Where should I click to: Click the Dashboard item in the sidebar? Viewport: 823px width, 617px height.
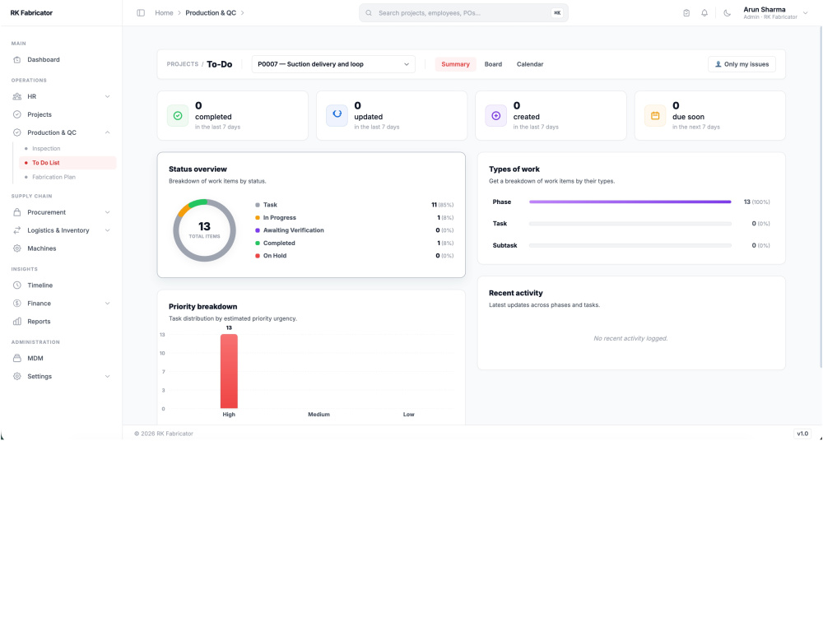(x=44, y=60)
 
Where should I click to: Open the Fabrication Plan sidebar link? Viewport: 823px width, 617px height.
(x=53, y=178)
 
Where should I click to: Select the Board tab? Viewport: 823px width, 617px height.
(x=493, y=64)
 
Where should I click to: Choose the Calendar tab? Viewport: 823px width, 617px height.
(x=529, y=64)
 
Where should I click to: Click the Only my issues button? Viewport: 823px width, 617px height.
(x=742, y=64)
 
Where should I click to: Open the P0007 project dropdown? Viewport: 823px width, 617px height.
(x=333, y=64)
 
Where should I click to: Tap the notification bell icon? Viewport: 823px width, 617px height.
(x=704, y=13)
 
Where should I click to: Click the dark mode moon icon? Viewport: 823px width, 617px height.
(x=727, y=13)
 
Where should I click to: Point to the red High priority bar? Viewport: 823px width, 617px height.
(x=229, y=371)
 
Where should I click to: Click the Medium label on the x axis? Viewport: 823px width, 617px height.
(x=319, y=415)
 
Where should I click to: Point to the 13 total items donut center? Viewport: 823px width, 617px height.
(x=204, y=230)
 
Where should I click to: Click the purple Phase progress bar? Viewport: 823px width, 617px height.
(x=630, y=202)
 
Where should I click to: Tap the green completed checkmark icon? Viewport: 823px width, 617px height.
(x=178, y=116)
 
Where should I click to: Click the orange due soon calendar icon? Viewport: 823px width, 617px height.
(x=655, y=116)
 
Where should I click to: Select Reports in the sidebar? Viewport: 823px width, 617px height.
(x=39, y=322)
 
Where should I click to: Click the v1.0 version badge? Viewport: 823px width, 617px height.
(x=802, y=434)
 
